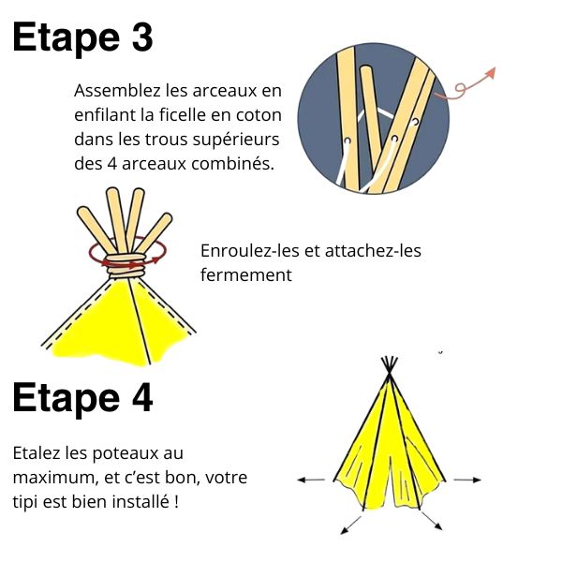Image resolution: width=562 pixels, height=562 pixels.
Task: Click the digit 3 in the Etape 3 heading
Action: [x=142, y=37]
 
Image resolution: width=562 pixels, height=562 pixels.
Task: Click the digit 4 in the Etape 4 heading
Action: [x=142, y=398]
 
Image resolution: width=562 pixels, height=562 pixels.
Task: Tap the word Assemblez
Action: [x=117, y=91]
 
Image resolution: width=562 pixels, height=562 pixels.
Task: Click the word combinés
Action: [x=232, y=164]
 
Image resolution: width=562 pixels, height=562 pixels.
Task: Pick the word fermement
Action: [x=246, y=275]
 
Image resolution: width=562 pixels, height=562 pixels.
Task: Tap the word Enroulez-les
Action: [x=250, y=250]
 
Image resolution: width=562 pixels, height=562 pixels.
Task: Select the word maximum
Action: [x=55, y=478]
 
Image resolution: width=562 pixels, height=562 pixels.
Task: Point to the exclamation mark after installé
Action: [x=176, y=502]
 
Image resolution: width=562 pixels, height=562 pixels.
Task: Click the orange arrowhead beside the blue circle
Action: [x=490, y=72]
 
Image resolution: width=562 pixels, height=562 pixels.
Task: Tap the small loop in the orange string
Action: [x=460, y=88]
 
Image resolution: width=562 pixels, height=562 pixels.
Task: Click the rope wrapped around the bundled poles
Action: [x=126, y=266]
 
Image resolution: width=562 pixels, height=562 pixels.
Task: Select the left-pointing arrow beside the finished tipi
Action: [x=311, y=480]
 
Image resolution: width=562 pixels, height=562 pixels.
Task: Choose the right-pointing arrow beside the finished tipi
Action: [x=467, y=480]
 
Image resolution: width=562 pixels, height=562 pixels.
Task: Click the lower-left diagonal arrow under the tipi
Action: [x=350, y=525]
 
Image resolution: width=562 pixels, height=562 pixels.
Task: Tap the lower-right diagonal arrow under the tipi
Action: [x=432, y=521]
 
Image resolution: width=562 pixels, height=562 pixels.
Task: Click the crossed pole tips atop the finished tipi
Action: [x=390, y=366]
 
